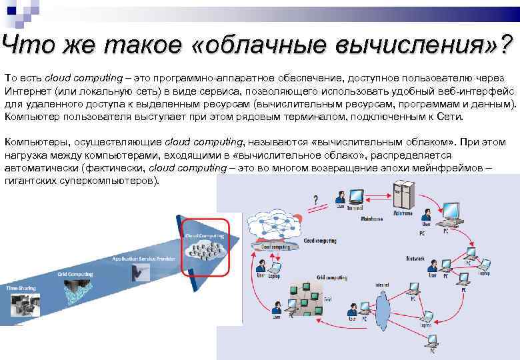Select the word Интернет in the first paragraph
(x=27, y=89)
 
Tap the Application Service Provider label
(x=144, y=257)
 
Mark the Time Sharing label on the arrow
(x=21, y=288)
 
